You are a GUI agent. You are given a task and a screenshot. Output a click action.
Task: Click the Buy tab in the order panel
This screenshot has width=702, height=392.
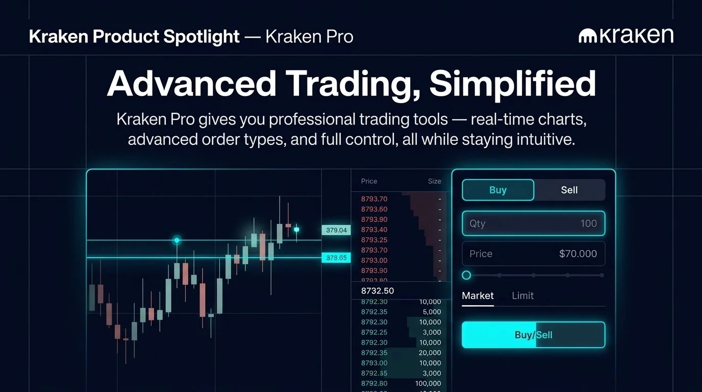point(498,190)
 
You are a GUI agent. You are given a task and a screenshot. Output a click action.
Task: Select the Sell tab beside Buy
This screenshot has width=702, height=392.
point(569,190)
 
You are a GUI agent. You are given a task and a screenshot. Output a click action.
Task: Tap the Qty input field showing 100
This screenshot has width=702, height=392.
point(533,224)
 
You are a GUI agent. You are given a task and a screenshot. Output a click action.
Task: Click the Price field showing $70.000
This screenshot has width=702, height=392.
point(533,254)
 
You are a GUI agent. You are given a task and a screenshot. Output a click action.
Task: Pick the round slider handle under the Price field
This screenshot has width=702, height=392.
point(466,275)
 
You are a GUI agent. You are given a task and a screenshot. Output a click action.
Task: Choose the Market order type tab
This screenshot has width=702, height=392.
point(478,296)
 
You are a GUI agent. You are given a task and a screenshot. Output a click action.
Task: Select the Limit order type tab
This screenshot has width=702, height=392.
point(522,296)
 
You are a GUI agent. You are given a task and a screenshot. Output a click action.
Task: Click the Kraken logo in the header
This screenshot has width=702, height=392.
point(626,36)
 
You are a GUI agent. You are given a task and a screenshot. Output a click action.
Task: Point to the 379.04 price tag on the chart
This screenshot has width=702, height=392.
point(336,230)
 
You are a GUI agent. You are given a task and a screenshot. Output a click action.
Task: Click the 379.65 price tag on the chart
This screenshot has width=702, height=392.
point(336,258)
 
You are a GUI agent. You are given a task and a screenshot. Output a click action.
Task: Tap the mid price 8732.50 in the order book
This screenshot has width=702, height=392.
point(378,291)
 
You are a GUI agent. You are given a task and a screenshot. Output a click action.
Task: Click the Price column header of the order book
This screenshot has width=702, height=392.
point(369,181)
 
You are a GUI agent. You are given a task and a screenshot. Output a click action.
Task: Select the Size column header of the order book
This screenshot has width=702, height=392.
point(434,181)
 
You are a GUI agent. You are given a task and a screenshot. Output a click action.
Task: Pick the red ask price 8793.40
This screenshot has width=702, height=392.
point(374,230)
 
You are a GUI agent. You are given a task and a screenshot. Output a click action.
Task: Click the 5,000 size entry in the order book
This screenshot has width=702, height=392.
point(432,312)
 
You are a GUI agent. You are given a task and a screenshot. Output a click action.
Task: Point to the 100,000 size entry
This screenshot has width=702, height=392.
point(428,383)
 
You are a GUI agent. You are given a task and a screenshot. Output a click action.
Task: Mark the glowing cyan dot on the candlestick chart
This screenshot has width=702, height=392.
point(177,240)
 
